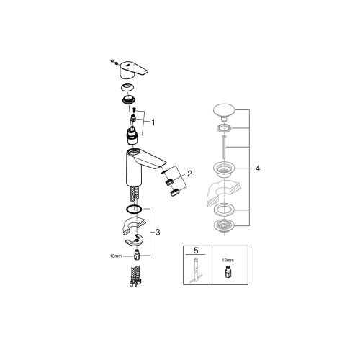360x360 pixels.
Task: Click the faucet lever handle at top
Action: click(x=133, y=70)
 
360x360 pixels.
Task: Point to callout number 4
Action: click(x=256, y=168)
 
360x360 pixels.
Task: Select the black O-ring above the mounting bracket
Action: click(x=132, y=210)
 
